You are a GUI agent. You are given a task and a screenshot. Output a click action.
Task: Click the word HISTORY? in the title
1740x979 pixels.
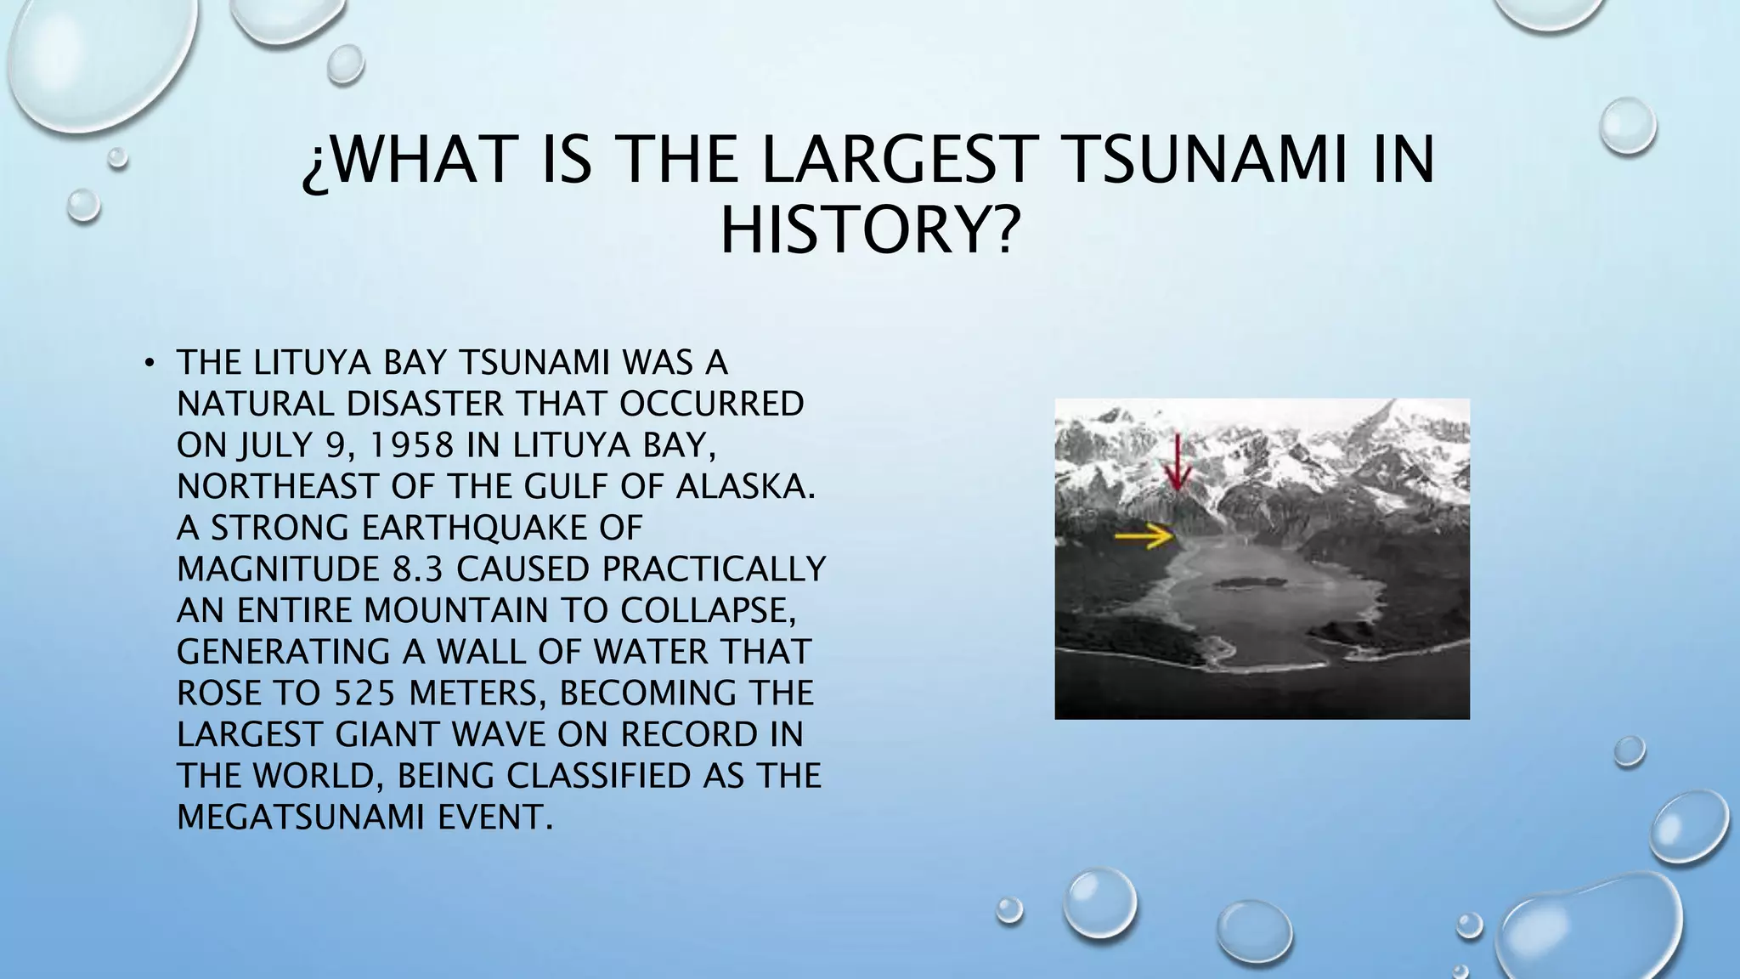coord(868,231)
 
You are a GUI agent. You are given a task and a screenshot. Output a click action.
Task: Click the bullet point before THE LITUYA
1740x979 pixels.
coord(150,364)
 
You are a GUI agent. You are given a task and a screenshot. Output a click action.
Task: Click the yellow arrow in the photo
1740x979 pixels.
coord(1144,535)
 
